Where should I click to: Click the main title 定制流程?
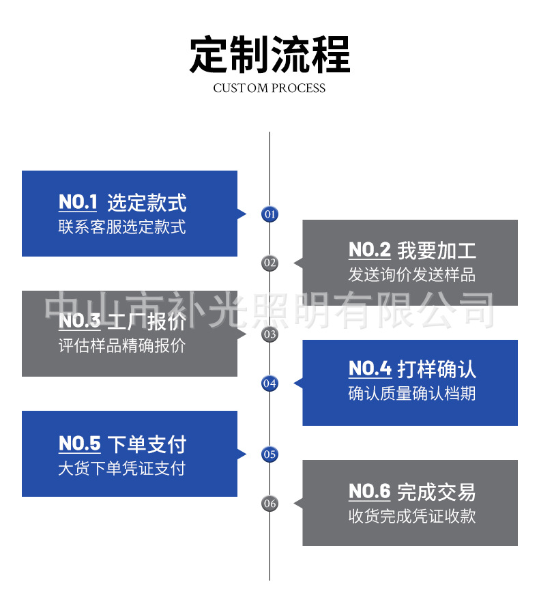pyautogui.click(x=269, y=55)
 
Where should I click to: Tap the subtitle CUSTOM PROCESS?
pyautogui.click(x=269, y=88)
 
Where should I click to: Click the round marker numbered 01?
pyautogui.click(x=270, y=214)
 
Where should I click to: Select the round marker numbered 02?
pyautogui.click(x=270, y=263)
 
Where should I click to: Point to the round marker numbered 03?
pyautogui.click(x=270, y=334)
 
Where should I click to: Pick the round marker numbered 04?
pyautogui.click(x=270, y=383)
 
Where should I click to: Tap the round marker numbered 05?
pyautogui.click(x=270, y=454)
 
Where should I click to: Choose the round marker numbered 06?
pyautogui.click(x=270, y=504)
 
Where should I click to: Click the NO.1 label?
pyautogui.click(x=78, y=203)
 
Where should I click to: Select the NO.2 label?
pyautogui.click(x=369, y=250)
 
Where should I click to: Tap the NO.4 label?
pyautogui.click(x=369, y=370)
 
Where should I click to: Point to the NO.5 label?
pyautogui.click(x=79, y=444)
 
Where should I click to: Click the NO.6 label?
pyautogui.click(x=369, y=491)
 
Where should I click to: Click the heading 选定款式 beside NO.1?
pyautogui.click(x=147, y=203)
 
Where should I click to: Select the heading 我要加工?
pyautogui.click(x=437, y=250)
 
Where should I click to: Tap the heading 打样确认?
pyautogui.click(x=437, y=370)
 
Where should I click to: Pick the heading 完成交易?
pyautogui.click(x=437, y=491)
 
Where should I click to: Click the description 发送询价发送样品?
pyautogui.click(x=411, y=275)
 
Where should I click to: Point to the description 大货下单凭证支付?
pyautogui.click(x=121, y=469)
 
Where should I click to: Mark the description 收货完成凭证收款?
pyautogui.click(x=411, y=516)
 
